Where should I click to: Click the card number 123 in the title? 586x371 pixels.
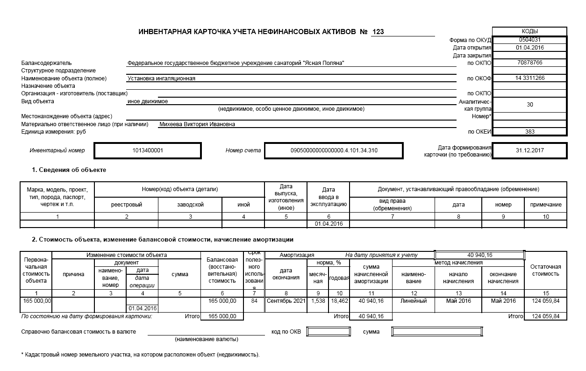(378, 32)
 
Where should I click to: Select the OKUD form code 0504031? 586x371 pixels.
(529, 40)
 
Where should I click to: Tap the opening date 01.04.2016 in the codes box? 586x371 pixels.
(529, 48)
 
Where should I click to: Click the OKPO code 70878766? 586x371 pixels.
(529, 63)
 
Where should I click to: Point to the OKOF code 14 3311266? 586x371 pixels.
(529, 78)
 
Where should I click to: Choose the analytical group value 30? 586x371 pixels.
(529, 105)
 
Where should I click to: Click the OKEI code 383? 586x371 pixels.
(529, 132)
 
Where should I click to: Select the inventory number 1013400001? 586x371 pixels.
(148, 150)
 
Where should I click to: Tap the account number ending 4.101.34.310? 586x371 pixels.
(334, 150)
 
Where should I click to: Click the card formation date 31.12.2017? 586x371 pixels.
(529, 150)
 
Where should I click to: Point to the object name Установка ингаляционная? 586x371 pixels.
(161, 78)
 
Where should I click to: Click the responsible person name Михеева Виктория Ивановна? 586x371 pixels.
(197, 124)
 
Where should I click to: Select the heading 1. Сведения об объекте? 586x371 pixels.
(69, 170)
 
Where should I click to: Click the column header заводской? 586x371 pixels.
(190, 205)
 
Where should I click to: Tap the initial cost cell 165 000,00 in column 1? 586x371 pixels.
(36, 301)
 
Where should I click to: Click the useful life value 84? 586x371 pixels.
(254, 301)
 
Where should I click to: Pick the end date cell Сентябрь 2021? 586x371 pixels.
(286, 301)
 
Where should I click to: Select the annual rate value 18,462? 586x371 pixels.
(339, 301)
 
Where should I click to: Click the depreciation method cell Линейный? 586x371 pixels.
(414, 301)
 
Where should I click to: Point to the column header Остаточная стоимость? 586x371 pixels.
(545, 270)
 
